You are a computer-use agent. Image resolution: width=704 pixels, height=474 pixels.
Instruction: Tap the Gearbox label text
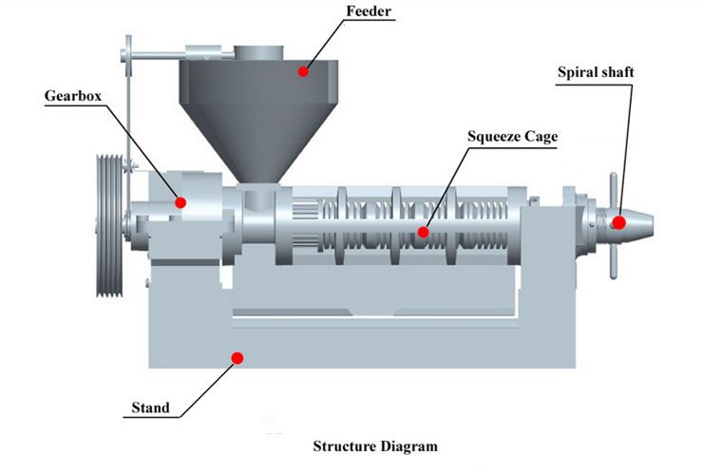coord(73,96)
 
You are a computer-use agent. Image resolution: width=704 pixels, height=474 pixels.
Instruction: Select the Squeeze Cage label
coord(512,136)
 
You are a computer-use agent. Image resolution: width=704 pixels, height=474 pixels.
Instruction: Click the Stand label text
coord(149,409)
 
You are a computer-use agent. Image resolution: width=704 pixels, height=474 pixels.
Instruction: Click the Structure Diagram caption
coord(375,446)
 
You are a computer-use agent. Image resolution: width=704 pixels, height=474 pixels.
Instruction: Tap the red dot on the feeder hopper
coord(304,70)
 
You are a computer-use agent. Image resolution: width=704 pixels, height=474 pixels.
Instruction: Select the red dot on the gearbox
coord(180,201)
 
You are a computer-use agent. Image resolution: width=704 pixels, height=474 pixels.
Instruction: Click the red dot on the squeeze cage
coord(423,231)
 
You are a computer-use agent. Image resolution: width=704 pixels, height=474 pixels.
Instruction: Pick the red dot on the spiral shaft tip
coord(618,222)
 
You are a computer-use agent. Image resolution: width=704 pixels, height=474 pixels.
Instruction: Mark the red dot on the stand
coord(238,357)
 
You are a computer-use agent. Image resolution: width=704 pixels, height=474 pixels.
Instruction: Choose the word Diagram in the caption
coord(406,446)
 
